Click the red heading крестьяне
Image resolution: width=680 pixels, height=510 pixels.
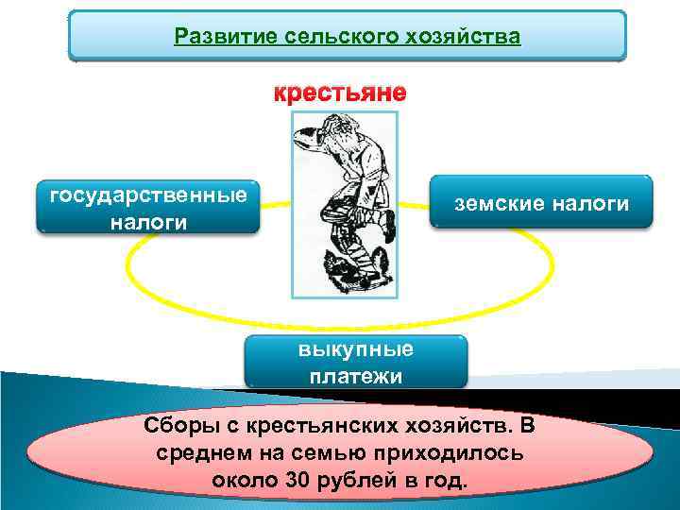tap(340, 93)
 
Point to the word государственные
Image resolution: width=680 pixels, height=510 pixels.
tap(148, 195)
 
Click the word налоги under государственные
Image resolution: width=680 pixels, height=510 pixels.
tap(148, 222)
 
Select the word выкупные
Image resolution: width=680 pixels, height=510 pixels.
tap(356, 349)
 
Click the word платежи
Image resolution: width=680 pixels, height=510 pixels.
tap(356, 376)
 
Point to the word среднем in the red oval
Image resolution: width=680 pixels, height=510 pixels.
tap(206, 452)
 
